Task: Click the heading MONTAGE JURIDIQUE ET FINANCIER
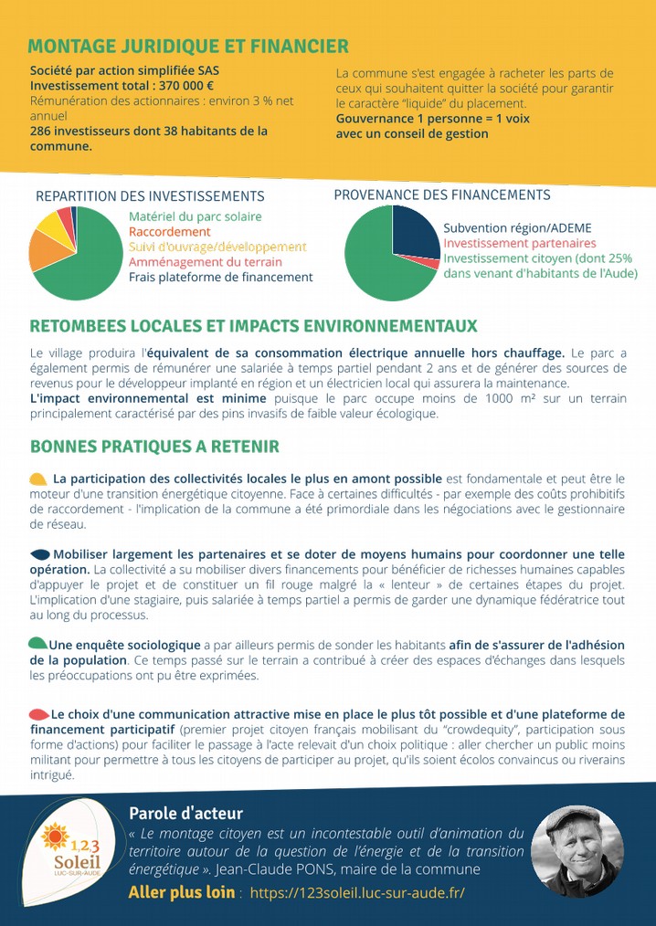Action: pos(187,47)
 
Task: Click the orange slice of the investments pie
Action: pos(43,250)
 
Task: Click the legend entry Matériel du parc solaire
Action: pos(195,216)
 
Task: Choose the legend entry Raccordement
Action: pos(170,232)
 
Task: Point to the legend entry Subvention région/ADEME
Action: pos(517,227)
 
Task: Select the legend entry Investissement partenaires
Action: pos(519,243)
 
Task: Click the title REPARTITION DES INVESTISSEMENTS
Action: pos(150,196)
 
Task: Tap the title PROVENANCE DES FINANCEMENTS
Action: pos(442,195)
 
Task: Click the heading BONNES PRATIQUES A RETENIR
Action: pos(154,447)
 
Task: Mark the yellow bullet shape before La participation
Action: pos(38,479)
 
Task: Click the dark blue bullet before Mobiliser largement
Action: pos(40,554)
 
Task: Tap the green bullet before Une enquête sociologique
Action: pos(38,643)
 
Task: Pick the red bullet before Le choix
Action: pos(38,713)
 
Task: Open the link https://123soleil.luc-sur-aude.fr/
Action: pos(357,891)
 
